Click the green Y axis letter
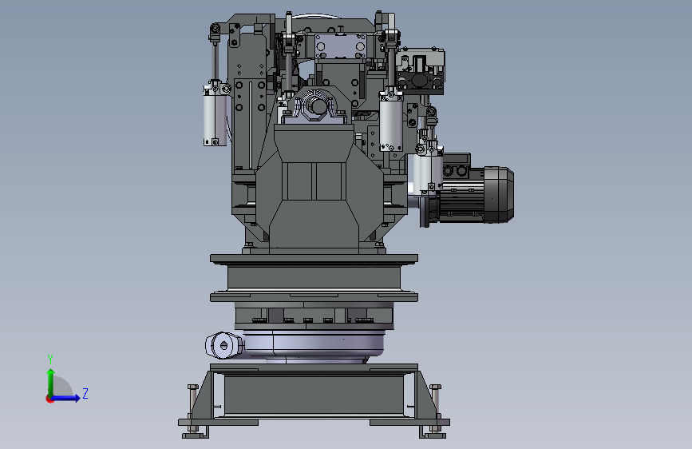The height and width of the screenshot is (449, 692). [50, 359]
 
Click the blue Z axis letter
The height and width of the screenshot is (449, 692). [85, 393]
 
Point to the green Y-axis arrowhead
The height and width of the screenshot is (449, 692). [51, 372]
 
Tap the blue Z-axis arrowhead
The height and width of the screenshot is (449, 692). [77, 398]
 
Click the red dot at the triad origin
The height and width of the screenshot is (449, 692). [49, 399]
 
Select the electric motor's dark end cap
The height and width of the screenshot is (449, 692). [499, 194]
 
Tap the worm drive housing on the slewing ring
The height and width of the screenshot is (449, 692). [223, 345]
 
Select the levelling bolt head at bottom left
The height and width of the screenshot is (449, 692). [193, 387]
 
